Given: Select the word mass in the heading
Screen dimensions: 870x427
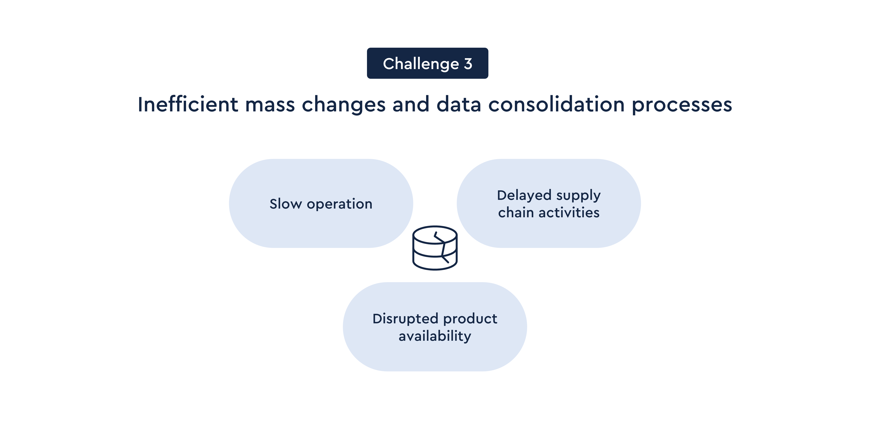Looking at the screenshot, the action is (270, 104).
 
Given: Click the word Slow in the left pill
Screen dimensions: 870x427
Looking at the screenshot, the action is (285, 204).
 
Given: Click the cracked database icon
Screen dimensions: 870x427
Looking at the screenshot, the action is (435, 248).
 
